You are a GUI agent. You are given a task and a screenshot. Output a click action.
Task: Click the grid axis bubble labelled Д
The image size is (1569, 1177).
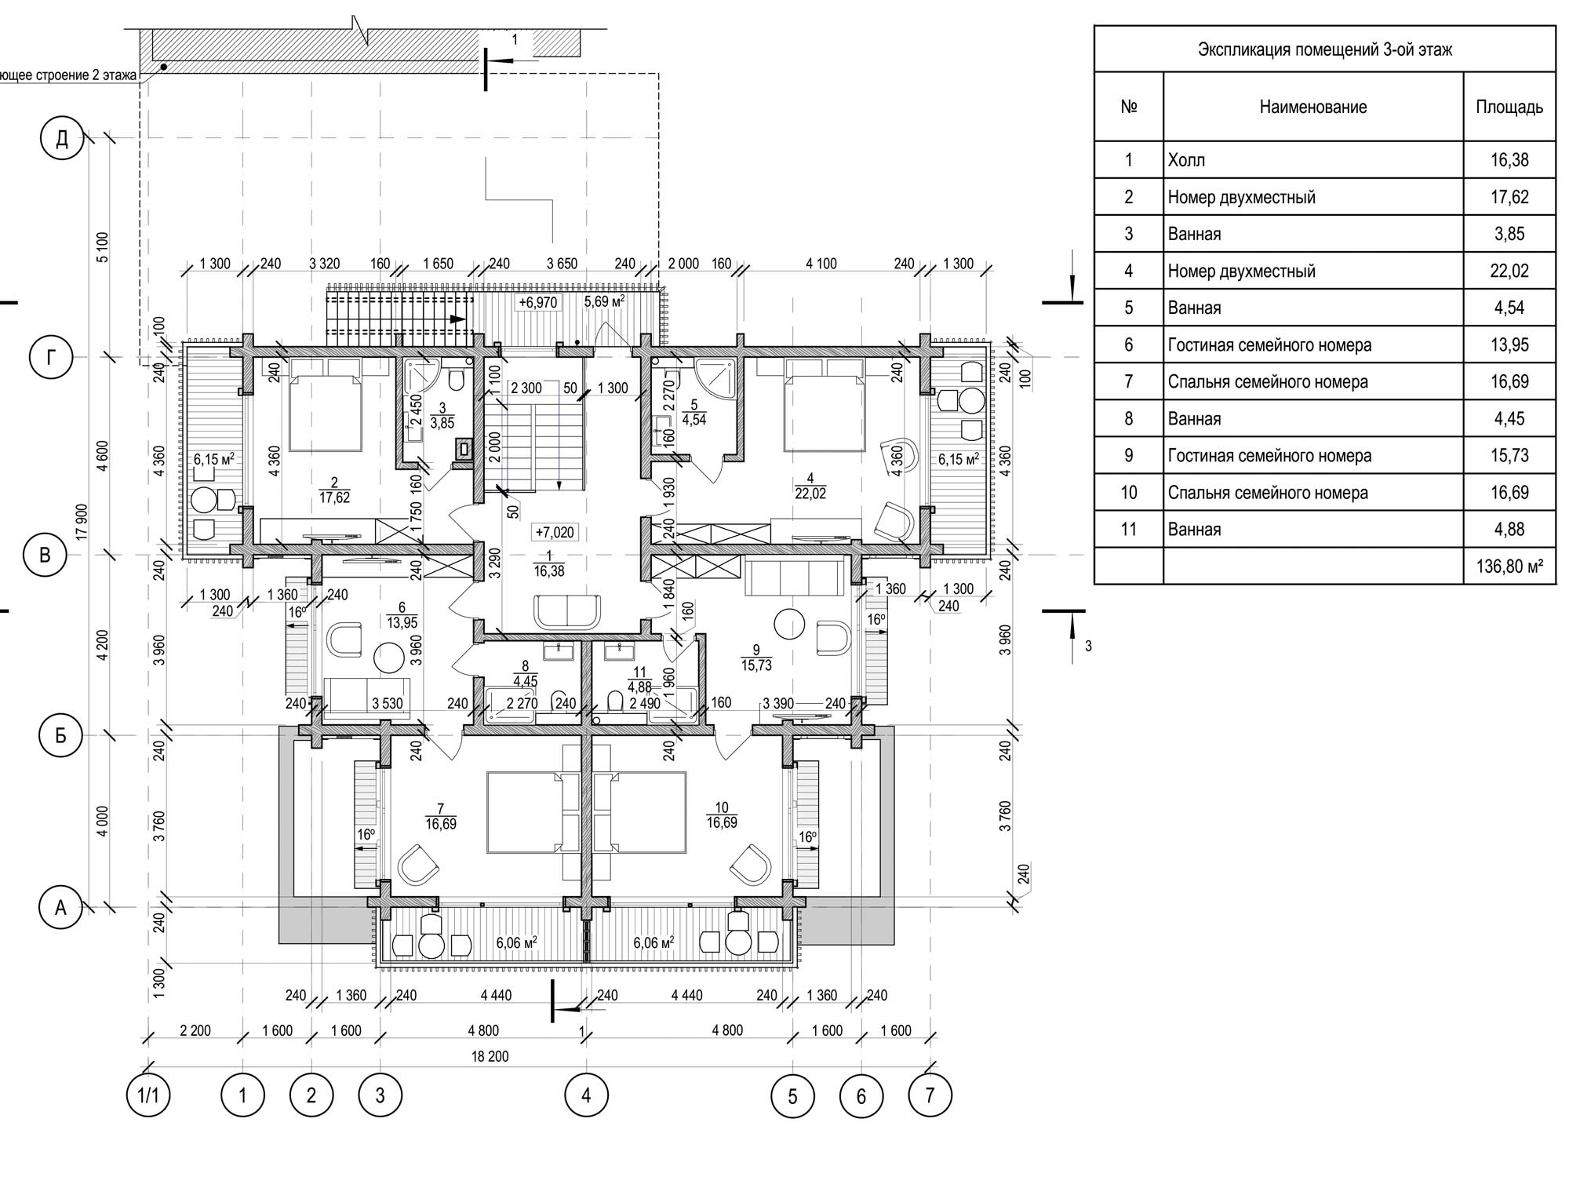tap(62, 139)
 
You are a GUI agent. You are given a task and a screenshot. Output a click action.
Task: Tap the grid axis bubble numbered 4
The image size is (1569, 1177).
tap(586, 1095)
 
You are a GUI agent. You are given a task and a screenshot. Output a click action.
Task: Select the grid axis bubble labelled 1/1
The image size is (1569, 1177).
tap(148, 1095)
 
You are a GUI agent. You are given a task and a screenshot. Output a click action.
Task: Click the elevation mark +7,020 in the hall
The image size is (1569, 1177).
tap(555, 533)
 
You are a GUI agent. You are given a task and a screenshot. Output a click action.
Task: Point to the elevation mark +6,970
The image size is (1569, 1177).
tap(537, 302)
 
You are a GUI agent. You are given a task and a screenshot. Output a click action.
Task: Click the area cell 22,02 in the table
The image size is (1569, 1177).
tap(1509, 271)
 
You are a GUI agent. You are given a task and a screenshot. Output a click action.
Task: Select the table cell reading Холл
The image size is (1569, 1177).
tap(1186, 160)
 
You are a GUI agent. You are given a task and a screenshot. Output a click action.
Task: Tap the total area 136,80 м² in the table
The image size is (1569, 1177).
tap(1509, 566)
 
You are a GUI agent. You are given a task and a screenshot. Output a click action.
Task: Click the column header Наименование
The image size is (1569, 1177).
tap(1313, 107)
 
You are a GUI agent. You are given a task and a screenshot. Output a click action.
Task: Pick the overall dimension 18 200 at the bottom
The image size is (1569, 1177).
tap(490, 1056)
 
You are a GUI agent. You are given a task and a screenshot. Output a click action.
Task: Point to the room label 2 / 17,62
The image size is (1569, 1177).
tap(334, 490)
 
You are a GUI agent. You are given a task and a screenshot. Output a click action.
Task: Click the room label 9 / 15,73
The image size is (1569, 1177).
tap(755, 658)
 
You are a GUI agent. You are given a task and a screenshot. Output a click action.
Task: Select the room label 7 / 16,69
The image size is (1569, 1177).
tap(441, 816)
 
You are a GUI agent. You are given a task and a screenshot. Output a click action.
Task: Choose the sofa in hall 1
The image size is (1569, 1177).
tap(566, 612)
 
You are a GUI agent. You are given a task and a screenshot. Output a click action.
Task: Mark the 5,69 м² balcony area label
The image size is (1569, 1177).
tap(604, 301)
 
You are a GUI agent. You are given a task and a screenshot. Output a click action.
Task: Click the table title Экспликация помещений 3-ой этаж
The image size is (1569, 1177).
tap(1325, 50)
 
